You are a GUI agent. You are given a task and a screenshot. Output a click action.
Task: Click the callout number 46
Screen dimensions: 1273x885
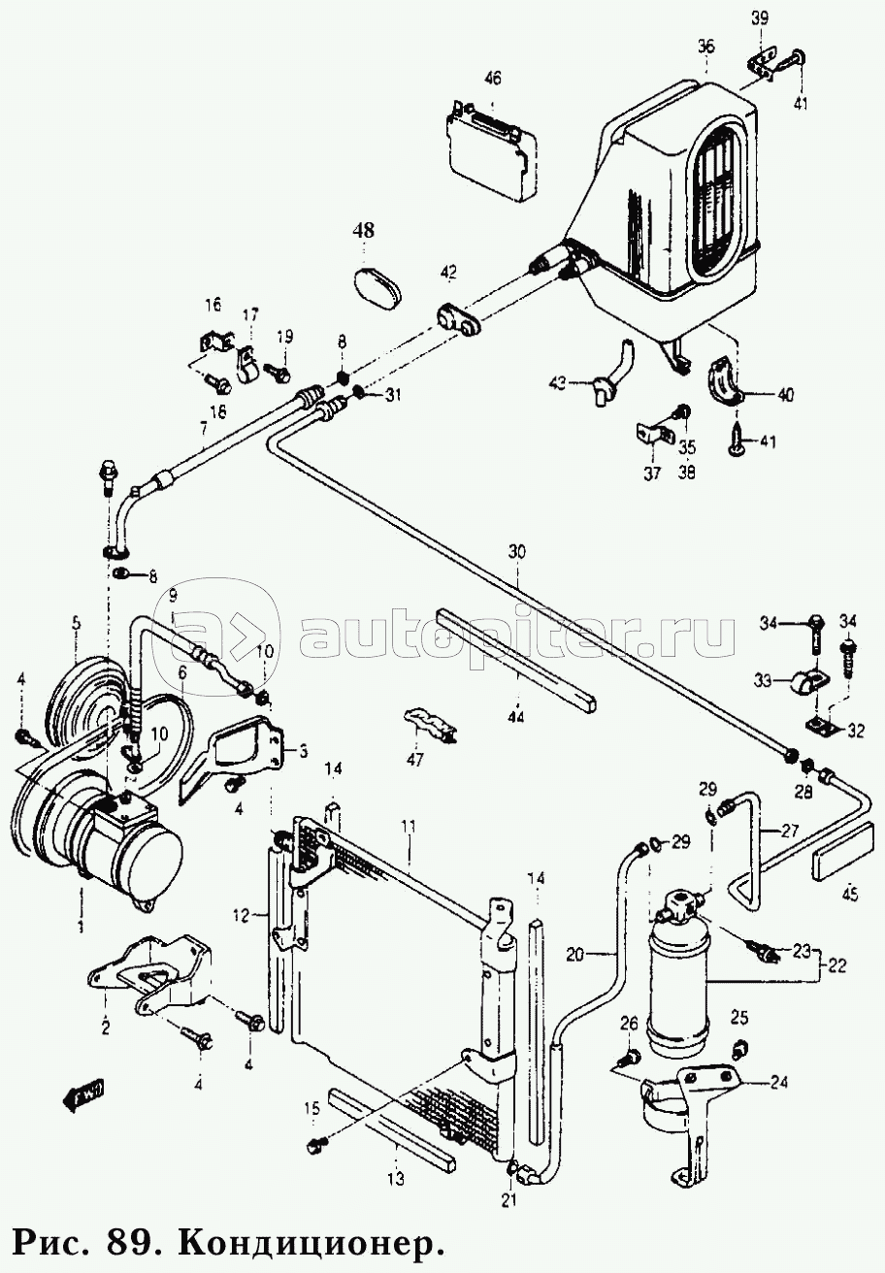point(493,78)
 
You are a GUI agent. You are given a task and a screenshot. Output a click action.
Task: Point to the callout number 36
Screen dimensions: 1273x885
point(705,47)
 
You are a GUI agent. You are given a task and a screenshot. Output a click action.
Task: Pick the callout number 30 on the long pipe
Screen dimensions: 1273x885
point(516,551)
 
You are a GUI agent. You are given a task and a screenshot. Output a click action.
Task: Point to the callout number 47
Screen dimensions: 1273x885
point(414,761)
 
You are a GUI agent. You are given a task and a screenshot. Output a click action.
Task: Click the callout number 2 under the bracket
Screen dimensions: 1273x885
point(105,1026)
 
